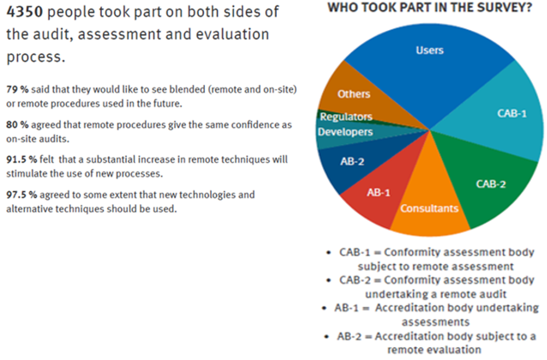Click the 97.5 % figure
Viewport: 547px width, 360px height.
point(20,195)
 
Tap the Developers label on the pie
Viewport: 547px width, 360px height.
point(345,132)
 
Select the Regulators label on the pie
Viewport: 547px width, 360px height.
point(346,117)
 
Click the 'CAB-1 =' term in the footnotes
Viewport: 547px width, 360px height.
point(352,255)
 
